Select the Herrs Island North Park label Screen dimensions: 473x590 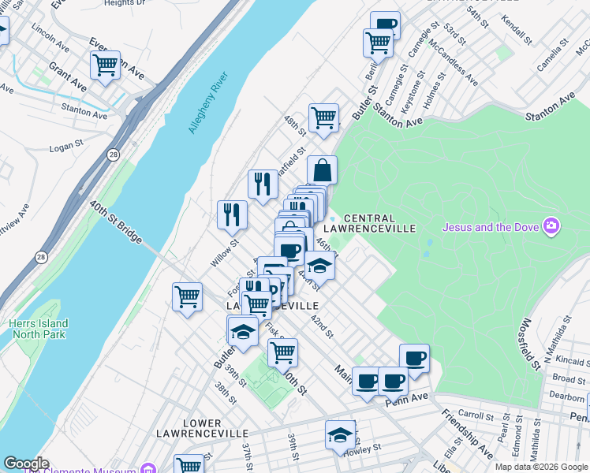point(39,329)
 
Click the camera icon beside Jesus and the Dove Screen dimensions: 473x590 point(551,227)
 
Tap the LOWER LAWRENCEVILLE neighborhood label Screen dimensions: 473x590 point(202,428)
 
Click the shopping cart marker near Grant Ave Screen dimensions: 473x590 point(105,65)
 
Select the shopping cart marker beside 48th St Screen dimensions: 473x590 point(323,118)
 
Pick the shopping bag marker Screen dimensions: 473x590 point(322,169)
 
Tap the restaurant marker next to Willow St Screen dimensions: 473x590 point(232,214)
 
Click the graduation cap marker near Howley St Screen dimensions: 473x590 point(340,434)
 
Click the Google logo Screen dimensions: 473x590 point(25,464)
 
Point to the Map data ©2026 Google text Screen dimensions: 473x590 point(541,467)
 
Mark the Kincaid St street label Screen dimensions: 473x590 point(569,360)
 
